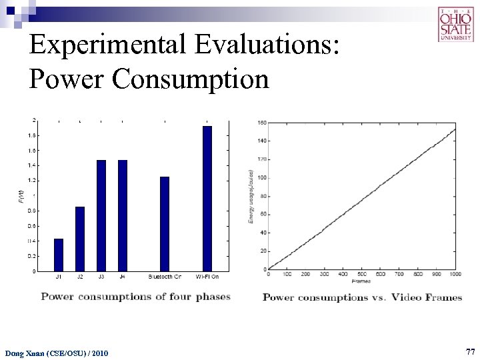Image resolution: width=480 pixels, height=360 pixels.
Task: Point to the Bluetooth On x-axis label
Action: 165,277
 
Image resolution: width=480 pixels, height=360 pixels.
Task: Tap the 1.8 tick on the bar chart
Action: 33,135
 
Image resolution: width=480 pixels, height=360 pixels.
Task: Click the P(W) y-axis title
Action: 20,196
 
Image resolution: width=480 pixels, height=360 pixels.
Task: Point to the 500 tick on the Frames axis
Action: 361,274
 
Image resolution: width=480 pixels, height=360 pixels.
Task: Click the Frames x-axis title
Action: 361,281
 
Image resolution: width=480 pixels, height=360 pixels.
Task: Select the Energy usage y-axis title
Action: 251,196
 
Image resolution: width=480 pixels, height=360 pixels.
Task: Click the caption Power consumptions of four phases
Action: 135,297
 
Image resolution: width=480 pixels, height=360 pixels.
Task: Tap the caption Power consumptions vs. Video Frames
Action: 362,297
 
